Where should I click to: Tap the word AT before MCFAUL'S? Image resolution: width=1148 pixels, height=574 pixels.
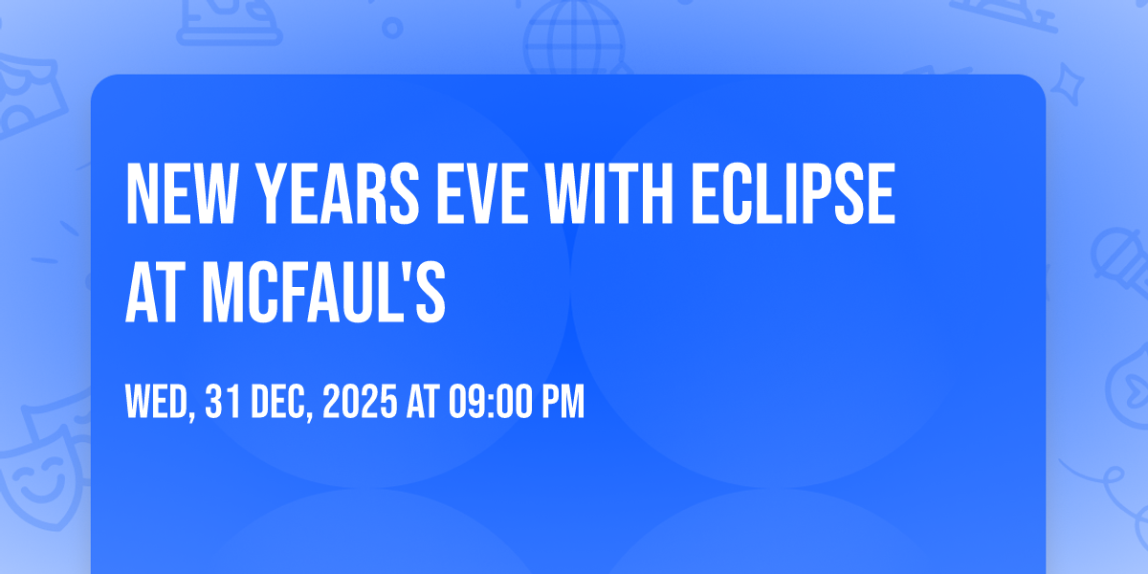coord(156,292)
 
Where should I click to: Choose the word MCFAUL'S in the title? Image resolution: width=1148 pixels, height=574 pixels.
coord(324,292)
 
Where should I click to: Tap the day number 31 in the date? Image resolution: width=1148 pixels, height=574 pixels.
coord(223,402)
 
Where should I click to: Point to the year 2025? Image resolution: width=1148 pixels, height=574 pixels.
coord(360,402)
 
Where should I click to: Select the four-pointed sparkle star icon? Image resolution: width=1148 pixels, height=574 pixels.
coord(1067,84)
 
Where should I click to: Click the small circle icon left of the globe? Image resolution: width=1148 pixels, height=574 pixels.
coord(392,28)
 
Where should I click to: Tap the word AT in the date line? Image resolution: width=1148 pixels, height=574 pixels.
coord(423,402)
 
